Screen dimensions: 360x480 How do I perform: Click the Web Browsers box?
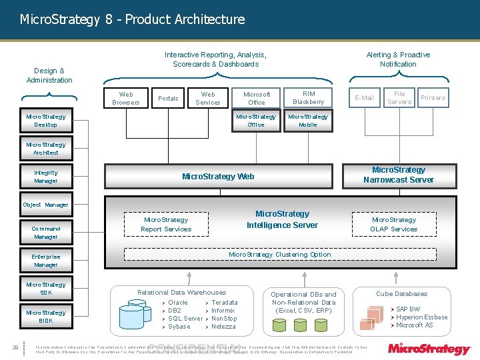(126, 98)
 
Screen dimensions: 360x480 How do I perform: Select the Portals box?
(168, 98)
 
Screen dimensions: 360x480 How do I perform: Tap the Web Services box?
(208, 98)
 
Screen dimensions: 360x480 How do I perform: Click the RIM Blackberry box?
(308, 98)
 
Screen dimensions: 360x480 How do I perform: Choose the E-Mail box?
(364, 98)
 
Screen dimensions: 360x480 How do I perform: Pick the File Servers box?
(399, 98)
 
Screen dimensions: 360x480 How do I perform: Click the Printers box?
(433, 98)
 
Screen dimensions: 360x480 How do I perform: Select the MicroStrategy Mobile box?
(308, 121)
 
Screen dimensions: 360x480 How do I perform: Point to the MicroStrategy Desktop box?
(46, 121)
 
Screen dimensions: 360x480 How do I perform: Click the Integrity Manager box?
(46, 177)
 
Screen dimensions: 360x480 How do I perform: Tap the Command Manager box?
(46, 233)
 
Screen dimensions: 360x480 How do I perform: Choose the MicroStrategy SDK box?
(46, 289)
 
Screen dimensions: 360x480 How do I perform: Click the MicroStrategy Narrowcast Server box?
(398, 175)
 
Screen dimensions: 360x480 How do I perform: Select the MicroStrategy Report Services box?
(166, 225)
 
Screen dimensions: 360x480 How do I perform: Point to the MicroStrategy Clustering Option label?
(279, 255)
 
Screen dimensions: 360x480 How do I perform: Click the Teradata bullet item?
(224, 303)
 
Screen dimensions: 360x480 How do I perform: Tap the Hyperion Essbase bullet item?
(421, 317)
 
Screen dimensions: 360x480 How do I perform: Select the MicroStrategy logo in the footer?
(429, 348)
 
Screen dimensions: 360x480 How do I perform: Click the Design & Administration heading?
(49, 75)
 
